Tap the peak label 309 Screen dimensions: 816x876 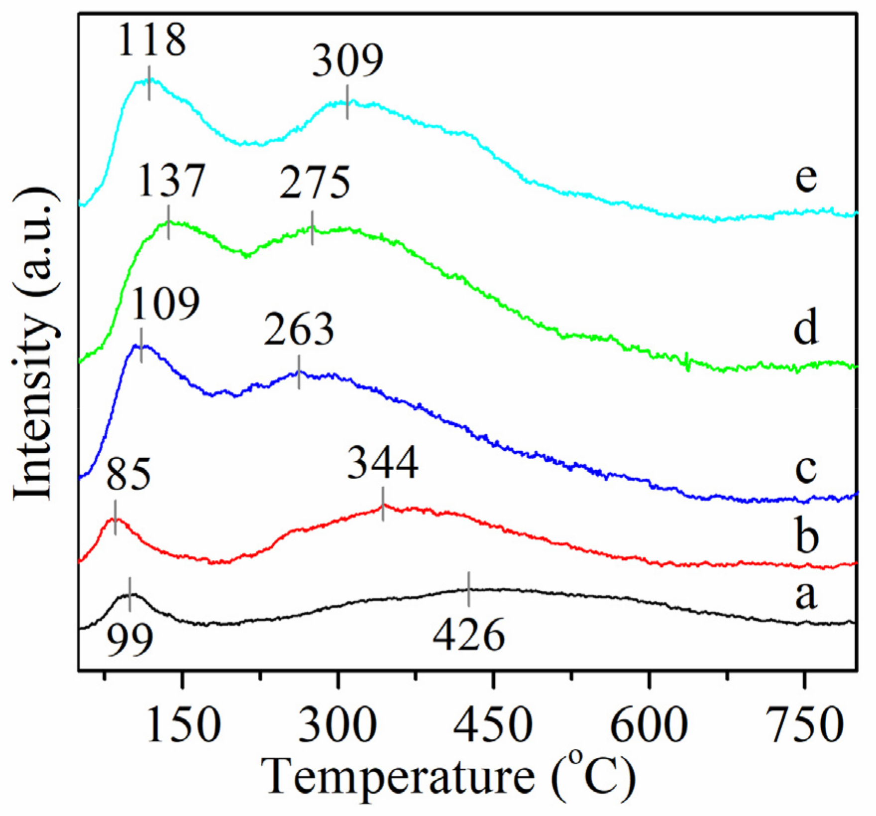347,61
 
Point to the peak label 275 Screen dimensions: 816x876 315,184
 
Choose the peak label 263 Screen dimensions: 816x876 299,329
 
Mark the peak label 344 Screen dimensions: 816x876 383,463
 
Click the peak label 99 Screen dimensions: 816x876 130,640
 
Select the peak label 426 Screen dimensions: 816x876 468,635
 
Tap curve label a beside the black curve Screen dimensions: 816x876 805,596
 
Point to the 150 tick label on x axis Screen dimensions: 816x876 184,725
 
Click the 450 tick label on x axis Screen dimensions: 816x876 493,725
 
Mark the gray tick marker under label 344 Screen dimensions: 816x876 383,504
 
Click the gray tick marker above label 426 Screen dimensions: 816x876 468,589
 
